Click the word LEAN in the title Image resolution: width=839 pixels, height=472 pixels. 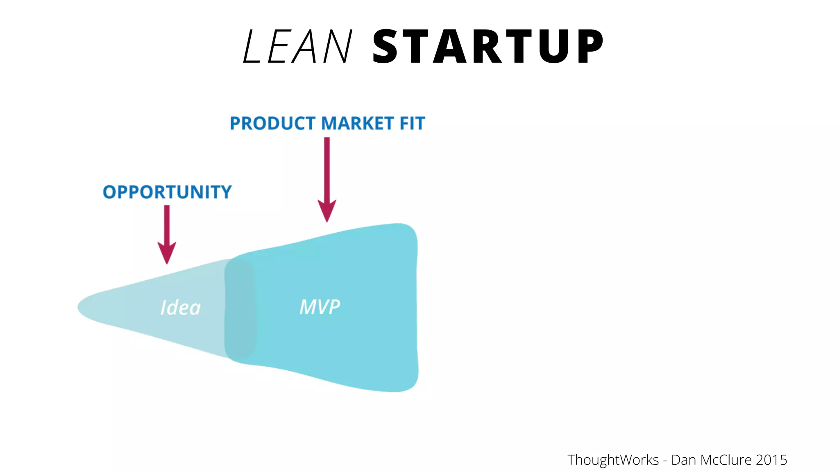point(297,46)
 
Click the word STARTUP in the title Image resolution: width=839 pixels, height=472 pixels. point(488,46)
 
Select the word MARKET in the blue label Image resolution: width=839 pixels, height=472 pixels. point(357,123)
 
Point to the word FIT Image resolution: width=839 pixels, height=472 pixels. point(412,123)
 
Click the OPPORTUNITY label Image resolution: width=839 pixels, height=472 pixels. point(167,192)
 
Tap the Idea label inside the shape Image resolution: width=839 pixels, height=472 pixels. point(181,307)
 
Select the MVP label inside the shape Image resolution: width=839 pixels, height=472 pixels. point(320,306)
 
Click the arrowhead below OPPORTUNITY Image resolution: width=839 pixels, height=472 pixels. point(167,252)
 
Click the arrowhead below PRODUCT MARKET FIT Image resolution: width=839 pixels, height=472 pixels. point(327,210)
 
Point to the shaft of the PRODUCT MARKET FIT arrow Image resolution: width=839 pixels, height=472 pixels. point(327,168)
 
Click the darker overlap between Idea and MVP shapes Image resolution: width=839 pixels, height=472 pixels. point(240,308)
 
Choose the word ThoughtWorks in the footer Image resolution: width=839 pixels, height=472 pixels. point(613,460)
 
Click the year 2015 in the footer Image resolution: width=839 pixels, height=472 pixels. point(771,460)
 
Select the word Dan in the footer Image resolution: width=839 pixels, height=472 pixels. point(683,460)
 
